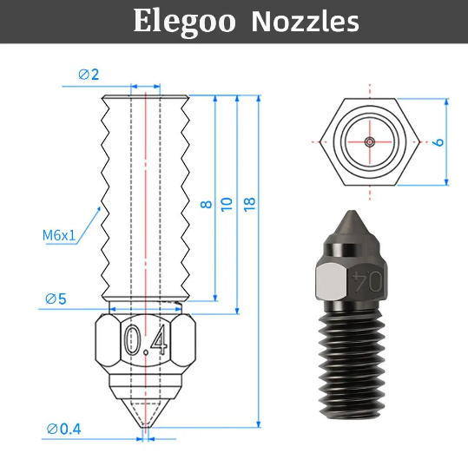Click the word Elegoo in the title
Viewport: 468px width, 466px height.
(185, 22)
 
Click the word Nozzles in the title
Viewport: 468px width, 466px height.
(305, 22)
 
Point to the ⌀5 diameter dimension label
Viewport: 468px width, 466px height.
(56, 299)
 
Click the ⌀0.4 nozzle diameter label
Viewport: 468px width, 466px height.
(64, 428)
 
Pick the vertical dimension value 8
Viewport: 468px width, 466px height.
(206, 204)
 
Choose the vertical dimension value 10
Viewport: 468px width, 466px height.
(227, 204)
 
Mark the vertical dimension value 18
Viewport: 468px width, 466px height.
(250, 204)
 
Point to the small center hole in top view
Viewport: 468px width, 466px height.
(370, 141)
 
